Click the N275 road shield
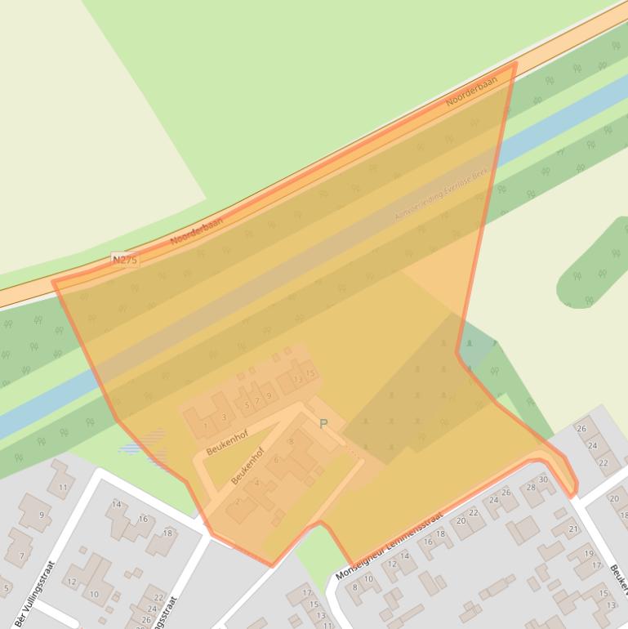coord(125,260)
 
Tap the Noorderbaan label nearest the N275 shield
coord(197,230)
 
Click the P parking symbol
coord(323,424)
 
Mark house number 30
coord(543,480)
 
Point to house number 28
coord(531,488)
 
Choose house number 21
coord(572,529)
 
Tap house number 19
coord(588,554)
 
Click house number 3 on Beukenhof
coord(224,417)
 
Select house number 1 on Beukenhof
coord(205,425)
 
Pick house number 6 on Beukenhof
coord(276,460)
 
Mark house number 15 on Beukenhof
coord(310,373)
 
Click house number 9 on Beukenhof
coord(268,395)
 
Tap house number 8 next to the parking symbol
coord(291,442)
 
